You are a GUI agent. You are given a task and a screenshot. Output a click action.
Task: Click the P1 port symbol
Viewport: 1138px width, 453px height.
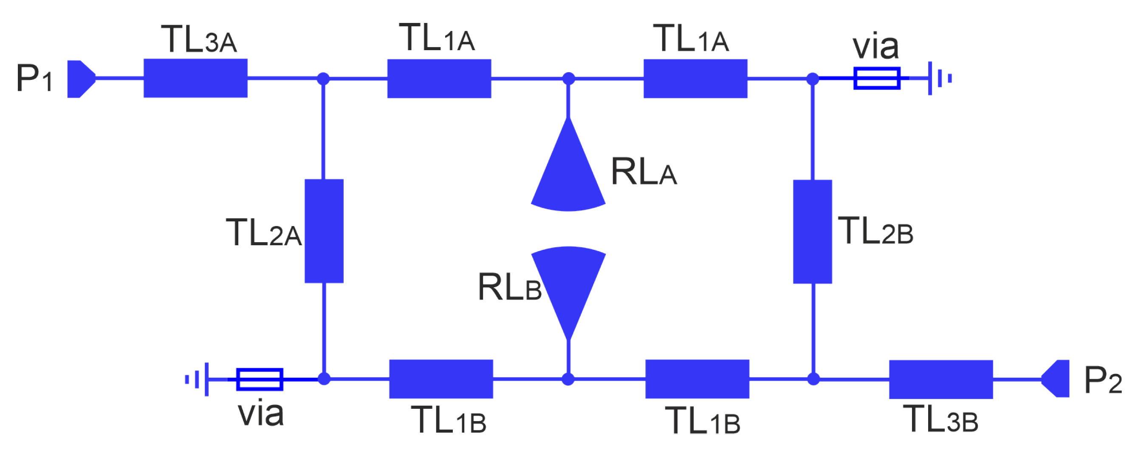80,79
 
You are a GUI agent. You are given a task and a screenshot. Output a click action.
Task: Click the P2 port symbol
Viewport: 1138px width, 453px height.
1057,378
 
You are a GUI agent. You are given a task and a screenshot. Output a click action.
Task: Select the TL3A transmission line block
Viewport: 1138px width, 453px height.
195,78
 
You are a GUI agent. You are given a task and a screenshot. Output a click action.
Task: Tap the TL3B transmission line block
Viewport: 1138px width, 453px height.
940,379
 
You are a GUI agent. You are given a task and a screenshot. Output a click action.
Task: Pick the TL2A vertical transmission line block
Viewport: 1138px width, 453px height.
324,231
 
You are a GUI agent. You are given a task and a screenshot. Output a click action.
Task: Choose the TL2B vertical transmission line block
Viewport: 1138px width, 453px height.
813,232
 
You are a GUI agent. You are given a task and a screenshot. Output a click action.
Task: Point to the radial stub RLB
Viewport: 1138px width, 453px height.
568,283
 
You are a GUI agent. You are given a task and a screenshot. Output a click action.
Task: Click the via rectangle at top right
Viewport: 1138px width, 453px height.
876,78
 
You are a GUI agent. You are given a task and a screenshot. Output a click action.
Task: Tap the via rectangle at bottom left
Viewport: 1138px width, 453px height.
260,379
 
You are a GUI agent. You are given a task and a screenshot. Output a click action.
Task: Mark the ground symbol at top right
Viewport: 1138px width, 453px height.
938,78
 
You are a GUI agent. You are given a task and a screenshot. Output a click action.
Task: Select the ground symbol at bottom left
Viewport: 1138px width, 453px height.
198,379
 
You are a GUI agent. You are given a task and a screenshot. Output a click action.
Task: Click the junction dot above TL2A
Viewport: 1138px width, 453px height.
323,79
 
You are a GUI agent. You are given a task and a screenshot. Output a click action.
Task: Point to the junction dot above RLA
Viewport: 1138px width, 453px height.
568,79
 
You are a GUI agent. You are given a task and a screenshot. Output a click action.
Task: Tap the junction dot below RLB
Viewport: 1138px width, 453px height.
568,379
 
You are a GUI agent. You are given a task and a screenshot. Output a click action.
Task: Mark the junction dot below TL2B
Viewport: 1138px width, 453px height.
813,379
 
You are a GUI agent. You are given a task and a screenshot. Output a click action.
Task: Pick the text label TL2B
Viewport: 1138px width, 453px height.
875,231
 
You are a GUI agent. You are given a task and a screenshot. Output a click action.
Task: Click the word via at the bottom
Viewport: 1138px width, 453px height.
261,413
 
